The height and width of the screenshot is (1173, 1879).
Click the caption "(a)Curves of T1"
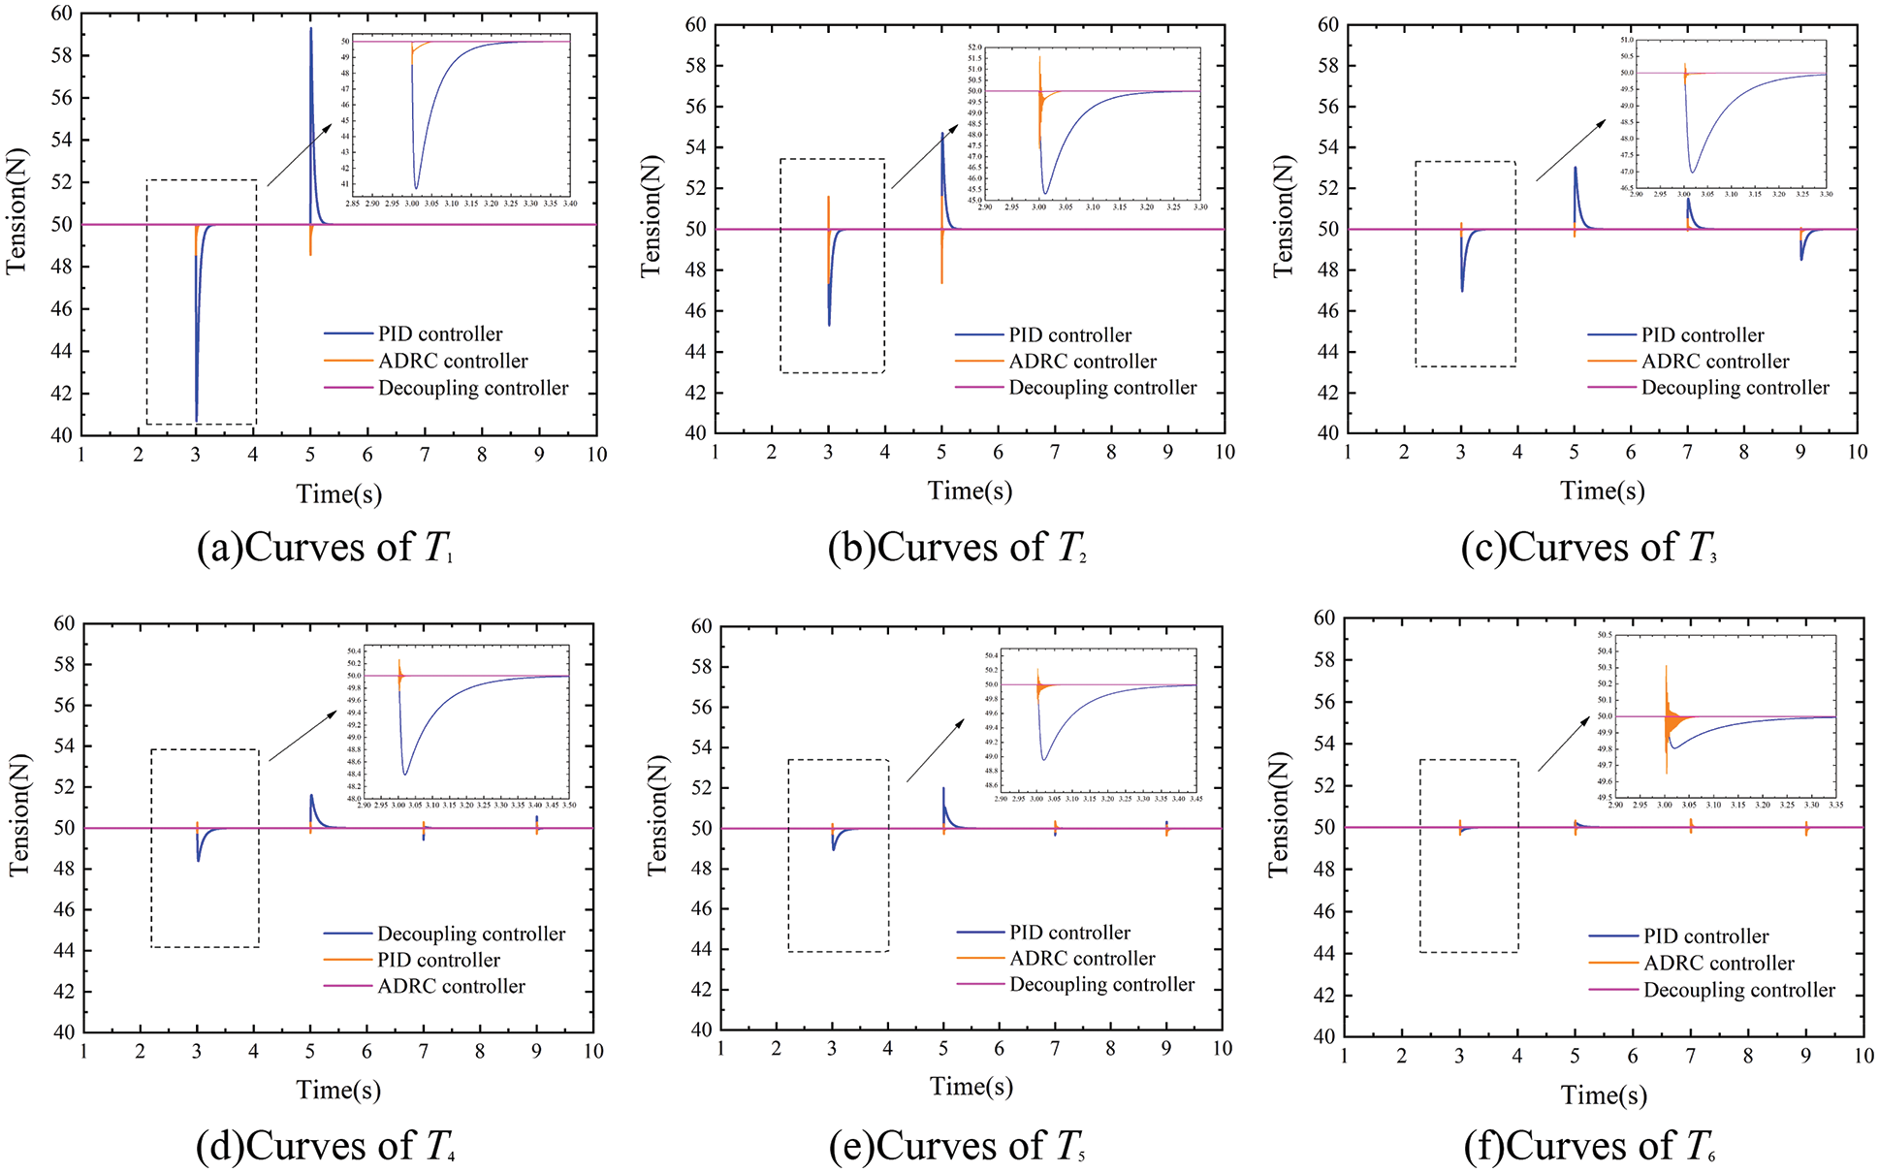pos(325,548)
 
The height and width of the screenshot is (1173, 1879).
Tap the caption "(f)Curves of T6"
pos(1590,1146)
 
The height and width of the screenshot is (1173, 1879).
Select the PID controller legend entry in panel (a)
pos(439,334)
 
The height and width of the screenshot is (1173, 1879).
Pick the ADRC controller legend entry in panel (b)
pos(1082,362)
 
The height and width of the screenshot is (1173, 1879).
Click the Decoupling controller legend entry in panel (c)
pos(1735,388)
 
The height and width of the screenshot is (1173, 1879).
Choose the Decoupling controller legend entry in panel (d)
pos(470,934)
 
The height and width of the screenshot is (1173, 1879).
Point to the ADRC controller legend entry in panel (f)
pos(1718,964)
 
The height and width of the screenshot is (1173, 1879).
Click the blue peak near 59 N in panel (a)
pos(310,29)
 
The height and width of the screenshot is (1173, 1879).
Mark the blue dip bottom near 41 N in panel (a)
pos(197,421)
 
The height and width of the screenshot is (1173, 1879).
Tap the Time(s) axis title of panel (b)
pos(970,491)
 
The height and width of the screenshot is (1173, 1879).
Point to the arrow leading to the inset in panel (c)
pos(1570,150)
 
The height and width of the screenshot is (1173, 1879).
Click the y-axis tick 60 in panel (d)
pos(64,623)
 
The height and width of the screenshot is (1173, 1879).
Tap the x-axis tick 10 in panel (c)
pos(1856,452)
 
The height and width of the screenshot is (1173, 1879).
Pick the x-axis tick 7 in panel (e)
pos(1055,1048)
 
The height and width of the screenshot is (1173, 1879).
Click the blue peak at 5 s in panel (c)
pos(1575,169)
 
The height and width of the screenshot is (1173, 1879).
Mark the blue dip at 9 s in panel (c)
pos(1801,259)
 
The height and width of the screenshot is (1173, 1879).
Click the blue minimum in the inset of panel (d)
pos(405,774)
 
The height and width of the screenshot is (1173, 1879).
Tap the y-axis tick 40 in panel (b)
pos(696,433)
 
